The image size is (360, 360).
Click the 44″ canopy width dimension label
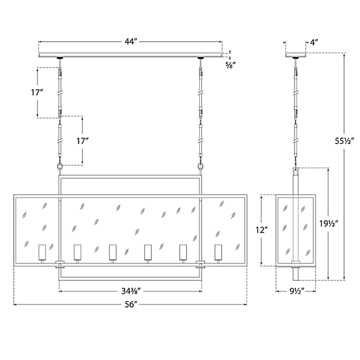[x=131, y=42]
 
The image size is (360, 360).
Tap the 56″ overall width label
[x=131, y=304]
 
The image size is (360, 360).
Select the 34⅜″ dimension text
[x=131, y=291]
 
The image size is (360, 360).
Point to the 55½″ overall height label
[x=344, y=141]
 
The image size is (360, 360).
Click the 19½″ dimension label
[x=329, y=223]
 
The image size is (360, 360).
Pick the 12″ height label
[x=261, y=230]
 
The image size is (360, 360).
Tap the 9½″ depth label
[x=296, y=291]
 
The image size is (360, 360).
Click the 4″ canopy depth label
[x=314, y=42]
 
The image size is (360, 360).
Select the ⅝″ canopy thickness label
[x=230, y=65]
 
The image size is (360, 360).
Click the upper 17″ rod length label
[x=37, y=92]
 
